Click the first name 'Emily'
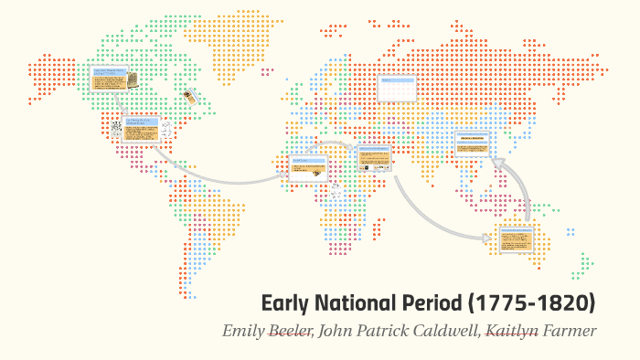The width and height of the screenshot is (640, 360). tap(242, 330)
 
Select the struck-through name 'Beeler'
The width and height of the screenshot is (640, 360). tap(289, 330)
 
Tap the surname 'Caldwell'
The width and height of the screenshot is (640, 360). tap(444, 330)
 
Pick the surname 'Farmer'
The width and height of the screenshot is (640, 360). tap(571, 330)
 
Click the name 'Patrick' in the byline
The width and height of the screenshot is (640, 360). tap(383, 330)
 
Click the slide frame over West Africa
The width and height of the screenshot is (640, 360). tap(307, 166)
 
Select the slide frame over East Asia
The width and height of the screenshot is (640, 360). tap(473, 143)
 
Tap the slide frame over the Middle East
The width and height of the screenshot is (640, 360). tap(374, 158)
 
